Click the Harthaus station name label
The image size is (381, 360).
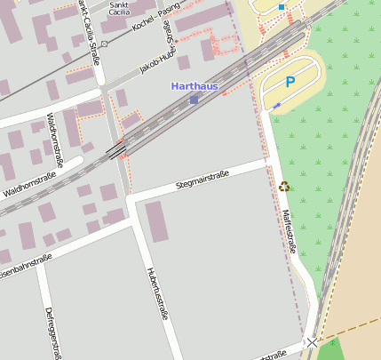[x=194, y=87]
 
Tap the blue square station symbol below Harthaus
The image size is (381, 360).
[x=194, y=100]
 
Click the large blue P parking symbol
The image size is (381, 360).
[x=290, y=82]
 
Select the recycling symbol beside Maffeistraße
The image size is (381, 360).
[x=284, y=186]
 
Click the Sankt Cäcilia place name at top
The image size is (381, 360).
[x=118, y=9]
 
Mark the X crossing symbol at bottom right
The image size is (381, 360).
[x=311, y=341]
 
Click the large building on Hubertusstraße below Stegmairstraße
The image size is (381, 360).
[x=156, y=221]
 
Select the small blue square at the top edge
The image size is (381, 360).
[x=282, y=7]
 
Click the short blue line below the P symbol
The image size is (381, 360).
[x=276, y=106]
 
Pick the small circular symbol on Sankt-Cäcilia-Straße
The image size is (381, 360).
[x=104, y=44]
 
